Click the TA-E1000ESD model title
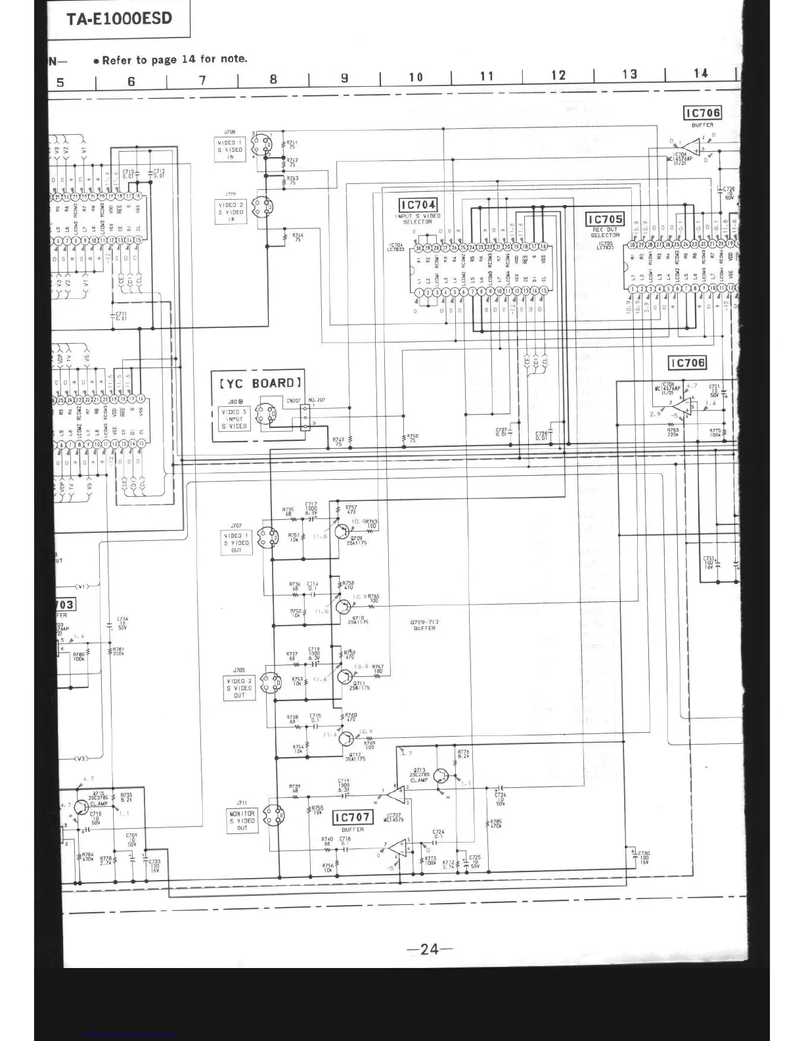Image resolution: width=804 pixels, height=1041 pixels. [119, 18]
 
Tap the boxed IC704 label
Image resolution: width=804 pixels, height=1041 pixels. [418, 206]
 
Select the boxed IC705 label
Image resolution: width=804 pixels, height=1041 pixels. [605, 220]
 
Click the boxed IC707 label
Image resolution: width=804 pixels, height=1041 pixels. [353, 818]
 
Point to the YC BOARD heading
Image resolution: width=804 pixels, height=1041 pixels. [260, 382]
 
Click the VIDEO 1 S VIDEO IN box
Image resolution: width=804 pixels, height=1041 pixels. [231, 150]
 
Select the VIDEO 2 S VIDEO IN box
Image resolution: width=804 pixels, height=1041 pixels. [231, 212]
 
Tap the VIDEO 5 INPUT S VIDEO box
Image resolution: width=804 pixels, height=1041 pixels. [234, 419]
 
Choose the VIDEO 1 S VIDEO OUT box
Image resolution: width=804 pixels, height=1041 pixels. [236, 543]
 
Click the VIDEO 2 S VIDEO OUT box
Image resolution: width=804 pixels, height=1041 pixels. [239, 688]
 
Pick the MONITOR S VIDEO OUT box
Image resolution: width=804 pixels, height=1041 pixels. [242, 821]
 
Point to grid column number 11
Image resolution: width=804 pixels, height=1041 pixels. [487, 76]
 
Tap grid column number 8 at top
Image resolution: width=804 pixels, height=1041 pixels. [273, 80]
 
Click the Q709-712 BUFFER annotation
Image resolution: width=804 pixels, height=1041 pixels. [424, 625]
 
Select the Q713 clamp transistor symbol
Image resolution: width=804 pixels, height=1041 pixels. [441, 776]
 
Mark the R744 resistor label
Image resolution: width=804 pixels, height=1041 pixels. [298, 237]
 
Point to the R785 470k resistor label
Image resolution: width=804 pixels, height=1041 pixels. [495, 823]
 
